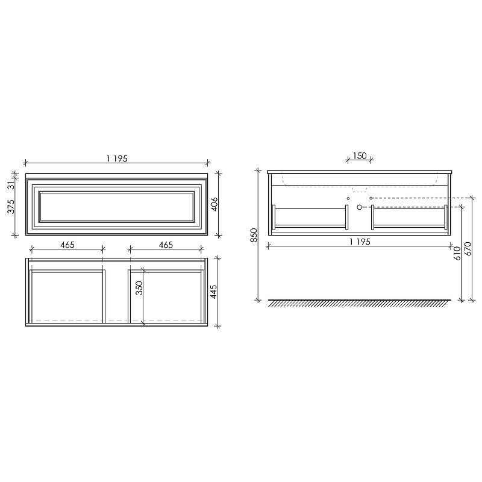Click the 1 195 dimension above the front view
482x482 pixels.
point(117,158)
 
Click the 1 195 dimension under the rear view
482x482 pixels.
point(360,242)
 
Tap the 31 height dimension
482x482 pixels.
point(11,186)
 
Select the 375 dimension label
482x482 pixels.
point(11,207)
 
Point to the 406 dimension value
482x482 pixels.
point(214,204)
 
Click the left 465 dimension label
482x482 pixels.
point(67,245)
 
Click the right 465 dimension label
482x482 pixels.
point(166,245)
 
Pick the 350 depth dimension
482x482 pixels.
point(140,288)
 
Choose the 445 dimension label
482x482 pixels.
point(214,292)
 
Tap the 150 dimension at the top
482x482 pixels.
point(360,156)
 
